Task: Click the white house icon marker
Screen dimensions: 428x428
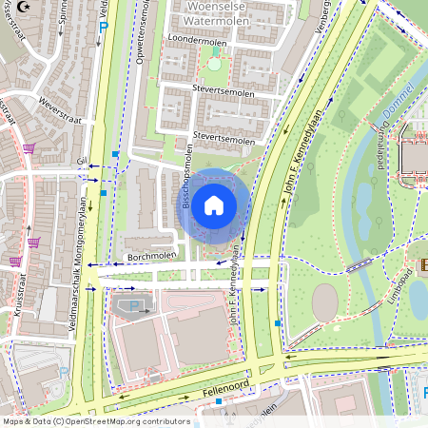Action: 213,205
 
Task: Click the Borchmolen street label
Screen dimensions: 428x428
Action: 151,258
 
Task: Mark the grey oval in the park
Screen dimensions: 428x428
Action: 324,302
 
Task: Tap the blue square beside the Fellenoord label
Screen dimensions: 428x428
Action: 219,401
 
